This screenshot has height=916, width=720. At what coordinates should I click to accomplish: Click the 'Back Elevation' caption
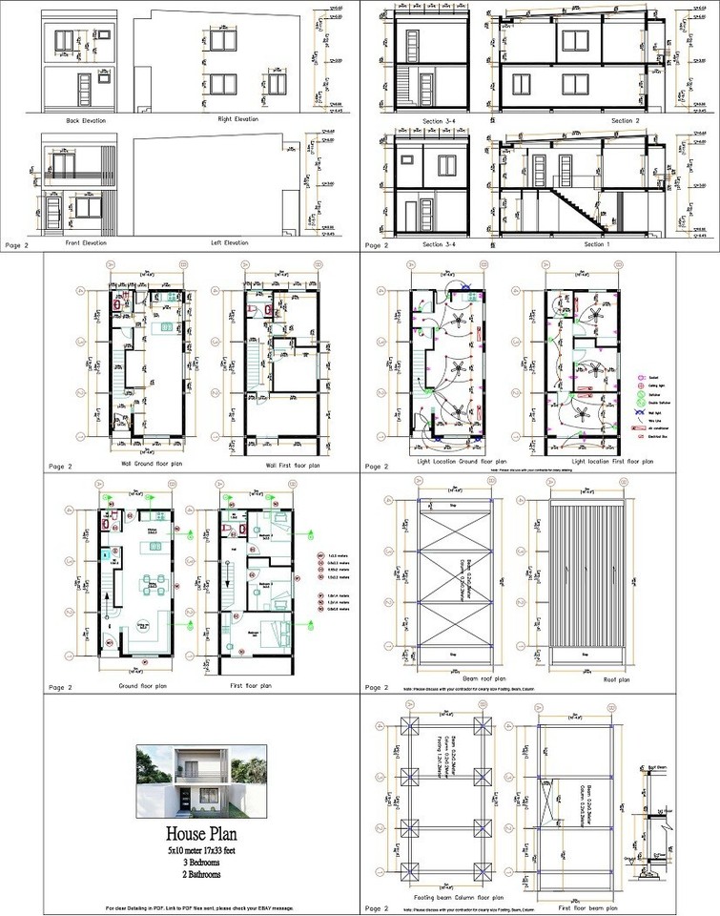[x=86, y=121]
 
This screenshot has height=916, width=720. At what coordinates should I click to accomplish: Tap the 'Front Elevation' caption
[x=86, y=242]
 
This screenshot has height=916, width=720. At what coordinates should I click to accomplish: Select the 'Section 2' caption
[x=625, y=121]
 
